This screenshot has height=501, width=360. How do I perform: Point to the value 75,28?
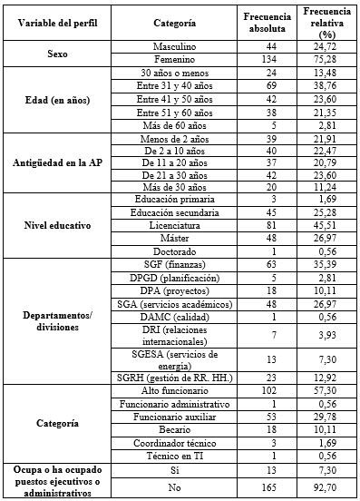click(325, 59)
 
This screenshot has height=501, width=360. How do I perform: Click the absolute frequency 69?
click(267, 84)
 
